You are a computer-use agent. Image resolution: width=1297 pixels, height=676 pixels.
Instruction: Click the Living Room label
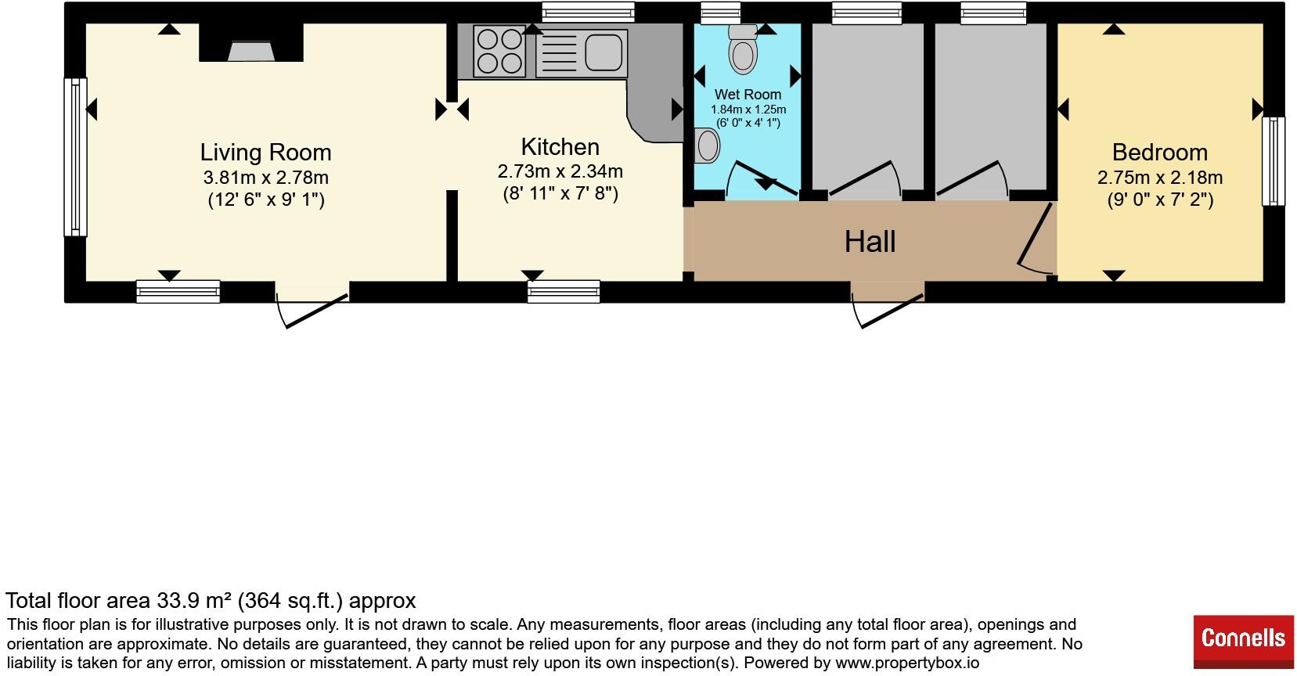[x=266, y=153]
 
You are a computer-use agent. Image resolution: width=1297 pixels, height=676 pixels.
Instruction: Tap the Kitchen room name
[x=560, y=147]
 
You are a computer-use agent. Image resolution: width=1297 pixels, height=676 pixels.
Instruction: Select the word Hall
[x=870, y=241]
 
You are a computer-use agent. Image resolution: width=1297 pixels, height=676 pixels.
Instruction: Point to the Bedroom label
[x=1160, y=153]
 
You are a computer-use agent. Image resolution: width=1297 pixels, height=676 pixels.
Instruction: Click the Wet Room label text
[x=748, y=95]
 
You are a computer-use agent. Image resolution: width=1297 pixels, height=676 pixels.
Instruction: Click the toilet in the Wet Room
[x=743, y=49]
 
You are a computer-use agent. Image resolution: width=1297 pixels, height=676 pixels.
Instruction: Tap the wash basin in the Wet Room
[x=706, y=146]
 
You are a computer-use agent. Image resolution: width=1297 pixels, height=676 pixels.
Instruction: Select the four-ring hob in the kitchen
[x=499, y=51]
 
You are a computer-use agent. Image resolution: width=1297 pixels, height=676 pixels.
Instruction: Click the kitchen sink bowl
[x=603, y=52]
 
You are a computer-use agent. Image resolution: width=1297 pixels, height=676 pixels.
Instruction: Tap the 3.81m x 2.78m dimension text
[x=266, y=177]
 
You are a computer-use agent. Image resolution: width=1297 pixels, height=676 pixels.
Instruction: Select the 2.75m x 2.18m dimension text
[x=1160, y=177]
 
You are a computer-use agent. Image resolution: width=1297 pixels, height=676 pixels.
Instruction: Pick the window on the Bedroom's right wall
[x=1274, y=161]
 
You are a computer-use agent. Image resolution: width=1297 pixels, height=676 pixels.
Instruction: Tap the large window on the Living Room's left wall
[x=75, y=157]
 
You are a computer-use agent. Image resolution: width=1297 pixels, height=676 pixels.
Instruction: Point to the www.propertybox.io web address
[x=907, y=663]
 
